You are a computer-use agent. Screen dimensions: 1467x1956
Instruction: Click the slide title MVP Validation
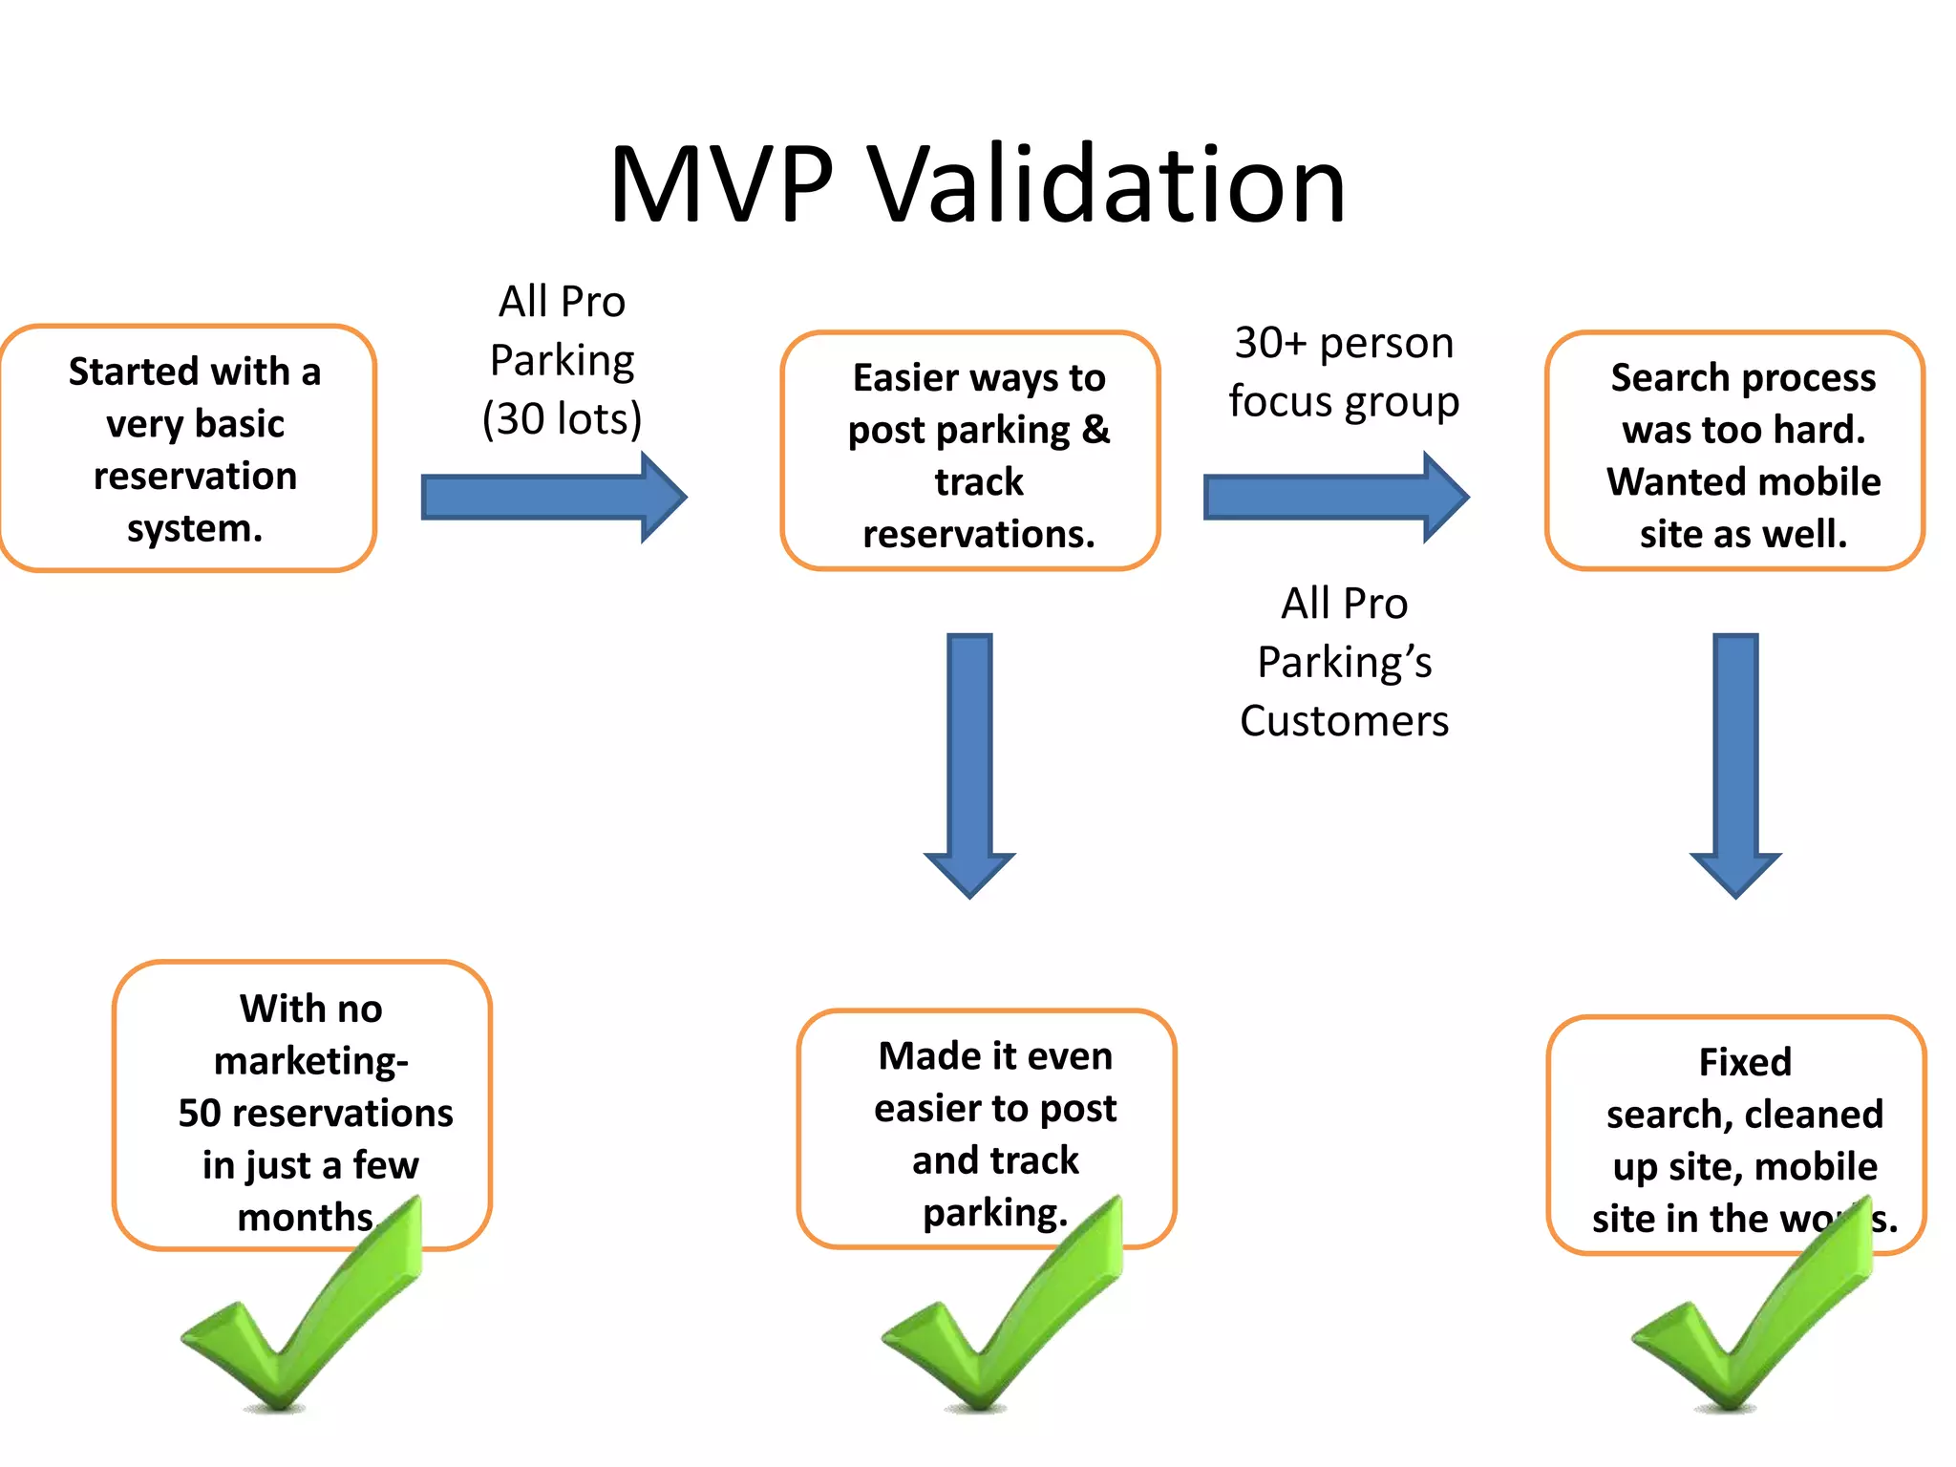tap(977, 183)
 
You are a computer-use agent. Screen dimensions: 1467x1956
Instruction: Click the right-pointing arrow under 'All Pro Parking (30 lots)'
tap(554, 498)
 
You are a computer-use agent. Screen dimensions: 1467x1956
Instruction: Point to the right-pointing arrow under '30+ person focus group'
tap(1336, 498)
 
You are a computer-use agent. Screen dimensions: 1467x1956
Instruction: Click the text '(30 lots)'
tap(562, 419)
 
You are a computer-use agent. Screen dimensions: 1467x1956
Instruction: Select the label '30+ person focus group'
tap(1344, 372)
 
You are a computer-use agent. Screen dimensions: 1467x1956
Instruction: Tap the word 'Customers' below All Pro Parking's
tap(1344, 721)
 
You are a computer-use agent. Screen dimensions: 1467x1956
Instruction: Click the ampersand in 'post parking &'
tap(1095, 430)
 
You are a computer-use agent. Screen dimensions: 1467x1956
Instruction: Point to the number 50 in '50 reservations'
tap(200, 1114)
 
